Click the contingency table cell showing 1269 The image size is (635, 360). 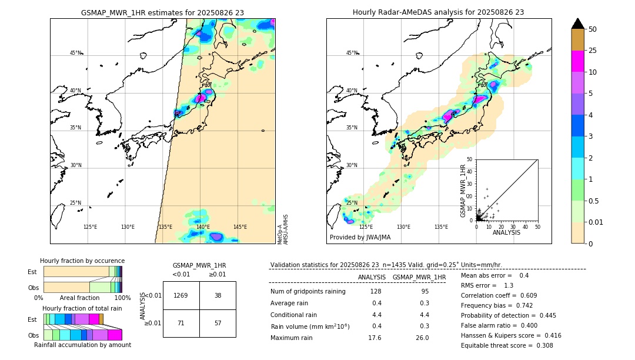tap(181, 295)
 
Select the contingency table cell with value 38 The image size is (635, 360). tap(218, 295)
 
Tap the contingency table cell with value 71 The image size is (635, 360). tap(181, 323)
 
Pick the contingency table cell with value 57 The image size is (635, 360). tap(218, 323)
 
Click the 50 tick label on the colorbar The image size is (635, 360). tap(593, 29)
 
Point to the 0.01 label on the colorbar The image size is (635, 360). tap(596, 222)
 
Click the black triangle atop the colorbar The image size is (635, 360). tap(578, 24)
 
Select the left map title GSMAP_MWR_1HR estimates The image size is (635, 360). tap(162, 12)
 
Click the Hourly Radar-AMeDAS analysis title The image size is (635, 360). tap(438, 12)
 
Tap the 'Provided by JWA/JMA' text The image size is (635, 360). tap(360, 238)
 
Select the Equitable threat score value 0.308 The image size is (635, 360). tap(541, 346)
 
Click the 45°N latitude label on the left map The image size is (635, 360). tap(75, 53)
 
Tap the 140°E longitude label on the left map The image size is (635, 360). tap(202, 227)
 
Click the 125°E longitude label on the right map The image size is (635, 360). tap(366, 227)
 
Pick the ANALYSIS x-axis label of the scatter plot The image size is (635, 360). tap(506, 232)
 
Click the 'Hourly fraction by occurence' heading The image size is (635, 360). tap(82, 261)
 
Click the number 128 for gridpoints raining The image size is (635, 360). tap(375, 292)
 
